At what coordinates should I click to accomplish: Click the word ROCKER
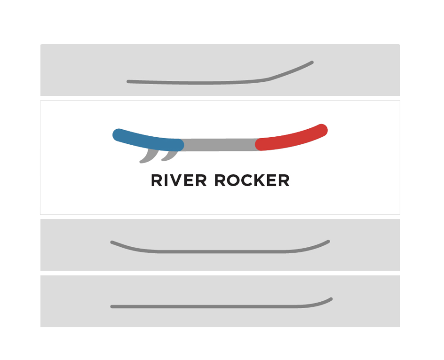coord(252,180)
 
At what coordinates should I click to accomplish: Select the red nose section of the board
coord(292,138)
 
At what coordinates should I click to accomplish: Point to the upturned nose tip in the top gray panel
coord(311,62)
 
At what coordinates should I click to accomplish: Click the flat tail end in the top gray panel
coord(128,81)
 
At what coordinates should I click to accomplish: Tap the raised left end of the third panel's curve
coord(112,242)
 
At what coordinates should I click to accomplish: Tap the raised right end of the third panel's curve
coord(328,242)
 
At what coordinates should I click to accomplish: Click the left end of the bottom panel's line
coord(112,306)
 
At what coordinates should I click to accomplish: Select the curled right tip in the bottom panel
coord(331,299)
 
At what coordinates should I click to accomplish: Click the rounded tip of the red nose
coord(322,130)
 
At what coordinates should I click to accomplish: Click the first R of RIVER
coord(156,180)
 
